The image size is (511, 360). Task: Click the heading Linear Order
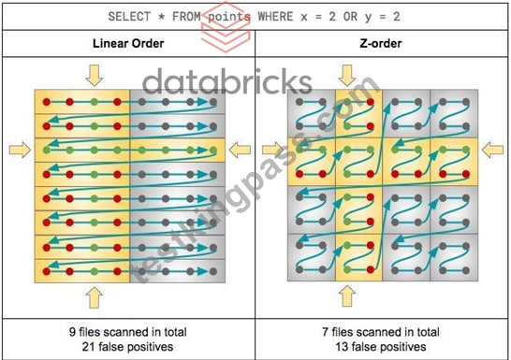click(x=128, y=43)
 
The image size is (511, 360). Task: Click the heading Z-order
click(x=381, y=43)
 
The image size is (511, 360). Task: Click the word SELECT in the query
click(x=129, y=17)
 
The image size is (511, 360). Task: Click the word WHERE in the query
click(x=275, y=17)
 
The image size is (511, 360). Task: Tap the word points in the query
click(x=229, y=17)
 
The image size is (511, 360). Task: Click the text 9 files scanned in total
click(x=127, y=332)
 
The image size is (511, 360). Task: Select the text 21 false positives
click(x=127, y=347)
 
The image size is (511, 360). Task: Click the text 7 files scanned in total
click(x=381, y=332)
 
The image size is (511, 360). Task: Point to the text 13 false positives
click(x=381, y=347)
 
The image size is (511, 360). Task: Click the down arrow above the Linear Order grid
click(x=95, y=76)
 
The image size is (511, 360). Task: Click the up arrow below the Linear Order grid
click(x=95, y=297)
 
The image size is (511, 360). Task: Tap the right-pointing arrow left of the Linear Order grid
click(x=21, y=150)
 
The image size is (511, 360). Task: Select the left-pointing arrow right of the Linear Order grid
click(x=240, y=150)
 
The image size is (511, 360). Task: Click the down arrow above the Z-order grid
click(x=347, y=76)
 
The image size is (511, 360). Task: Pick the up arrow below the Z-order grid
click(x=347, y=296)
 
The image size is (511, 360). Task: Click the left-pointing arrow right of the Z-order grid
click(x=492, y=150)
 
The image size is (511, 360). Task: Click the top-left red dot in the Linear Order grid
click(x=47, y=102)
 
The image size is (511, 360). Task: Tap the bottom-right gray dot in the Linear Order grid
click(x=213, y=271)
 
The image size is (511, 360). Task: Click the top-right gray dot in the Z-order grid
click(x=466, y=102)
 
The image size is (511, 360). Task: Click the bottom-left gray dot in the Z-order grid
click(x=299, y=269)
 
